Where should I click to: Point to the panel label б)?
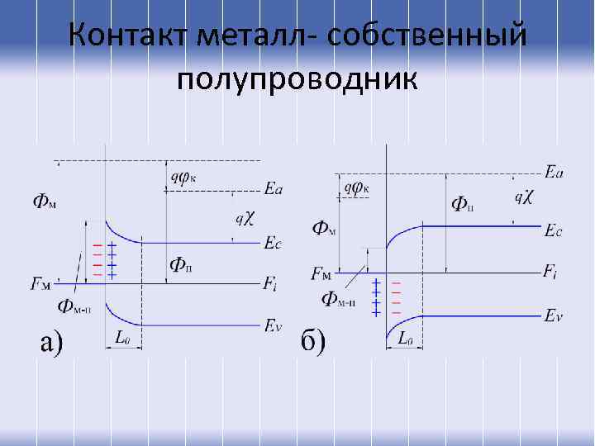point(313,340)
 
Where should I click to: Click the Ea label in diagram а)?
point(274,189)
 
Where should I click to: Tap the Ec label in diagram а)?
point(273,244)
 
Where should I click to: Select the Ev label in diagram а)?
point(274,325)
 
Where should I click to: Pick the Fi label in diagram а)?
point(270,285)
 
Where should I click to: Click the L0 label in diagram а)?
point(122,338)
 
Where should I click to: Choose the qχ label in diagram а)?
point(245,218)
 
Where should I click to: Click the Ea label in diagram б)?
point(555,172)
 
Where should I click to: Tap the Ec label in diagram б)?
point(554,232)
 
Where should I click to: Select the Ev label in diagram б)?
point(555,315)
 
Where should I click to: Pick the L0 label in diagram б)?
point(405,338)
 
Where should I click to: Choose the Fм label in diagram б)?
point(321,273)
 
